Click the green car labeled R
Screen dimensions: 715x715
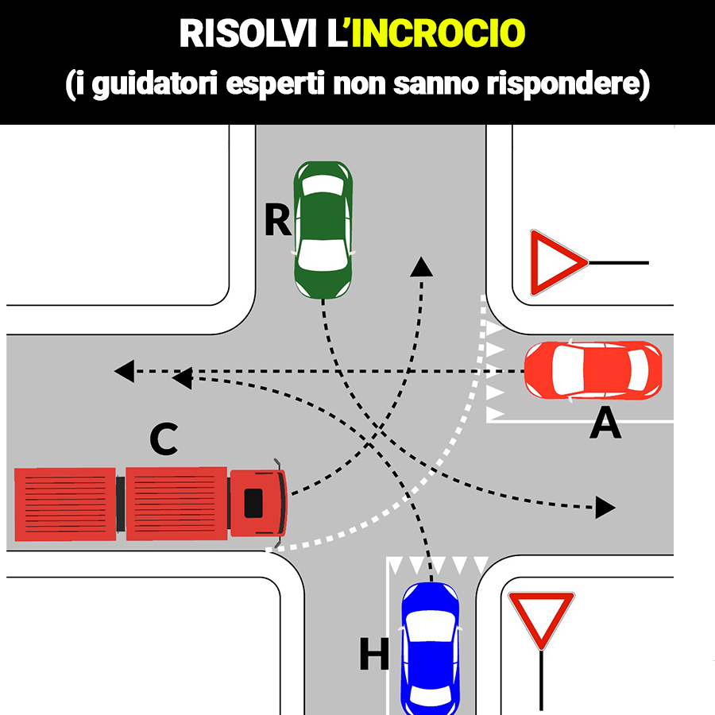(323, 230)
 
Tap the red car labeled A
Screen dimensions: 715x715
(593, 369)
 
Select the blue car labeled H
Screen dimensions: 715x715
(430, 647)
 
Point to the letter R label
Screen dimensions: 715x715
(277, 220)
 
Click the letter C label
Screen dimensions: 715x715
(164, 442)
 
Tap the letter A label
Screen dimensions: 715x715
(605, 427)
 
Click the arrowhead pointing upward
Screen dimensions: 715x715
(422, 267)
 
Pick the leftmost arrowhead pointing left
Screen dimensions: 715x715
(124, 370)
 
